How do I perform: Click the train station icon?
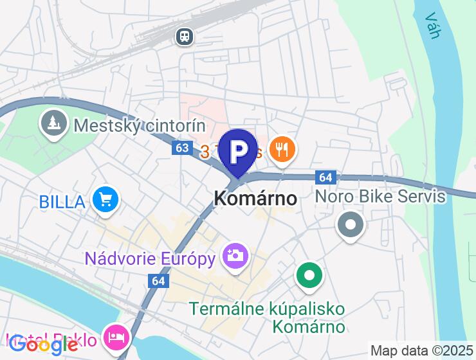tap(185, 37)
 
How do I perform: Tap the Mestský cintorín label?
tap(139, 125)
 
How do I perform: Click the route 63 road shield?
tap(182, 148)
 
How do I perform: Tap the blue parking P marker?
tap(239, 150)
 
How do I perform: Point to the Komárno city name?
tap(255, 198)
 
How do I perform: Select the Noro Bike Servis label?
tap(380, 196)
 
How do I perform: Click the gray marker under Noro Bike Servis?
tap(351, 225)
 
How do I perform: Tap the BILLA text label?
tap(62, 201)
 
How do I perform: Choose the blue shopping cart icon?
tap(104, 200)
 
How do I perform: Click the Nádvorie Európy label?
tap(149, 258)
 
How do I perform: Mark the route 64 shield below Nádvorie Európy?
tap(158, 281)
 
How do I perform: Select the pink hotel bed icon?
tap(116, 336)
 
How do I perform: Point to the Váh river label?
tap(432, 25)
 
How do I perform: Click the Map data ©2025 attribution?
tap(421, 351)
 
